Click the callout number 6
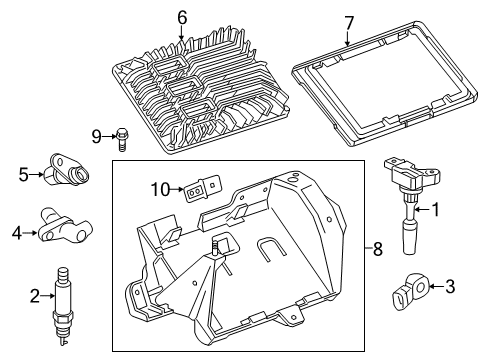182,18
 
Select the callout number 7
348,23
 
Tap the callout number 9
96,137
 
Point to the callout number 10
160,190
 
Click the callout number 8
377,249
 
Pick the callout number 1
435,210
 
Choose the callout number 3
450,286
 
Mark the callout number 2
35,296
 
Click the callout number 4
17,233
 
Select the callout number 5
24,175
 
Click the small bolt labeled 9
122,139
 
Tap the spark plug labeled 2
61,307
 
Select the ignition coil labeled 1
411,203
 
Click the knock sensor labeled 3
411,290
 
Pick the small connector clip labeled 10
201,189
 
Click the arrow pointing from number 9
109,136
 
